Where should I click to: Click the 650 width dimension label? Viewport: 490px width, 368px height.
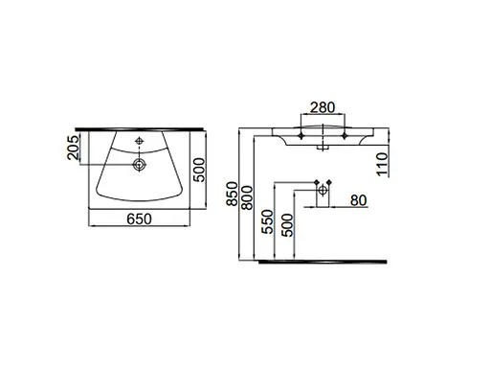[x=140, y=218]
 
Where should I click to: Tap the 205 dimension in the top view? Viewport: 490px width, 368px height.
[x=73, y=149]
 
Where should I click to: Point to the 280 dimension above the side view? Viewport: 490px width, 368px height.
[x=322, y=108]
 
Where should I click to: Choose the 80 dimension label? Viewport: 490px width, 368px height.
[x=360, y=201]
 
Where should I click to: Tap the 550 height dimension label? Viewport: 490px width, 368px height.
[x=269, y=223]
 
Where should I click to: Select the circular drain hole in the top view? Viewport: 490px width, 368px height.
[x=140, y=166]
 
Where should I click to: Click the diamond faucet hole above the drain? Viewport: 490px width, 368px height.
[x=140, y=143]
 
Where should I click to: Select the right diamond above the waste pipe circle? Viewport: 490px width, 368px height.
[x=332, y=182]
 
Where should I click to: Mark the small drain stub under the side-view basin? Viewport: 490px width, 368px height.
[x=323, y=146]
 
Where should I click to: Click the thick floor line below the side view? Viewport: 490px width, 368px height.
[x=325, y=258]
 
